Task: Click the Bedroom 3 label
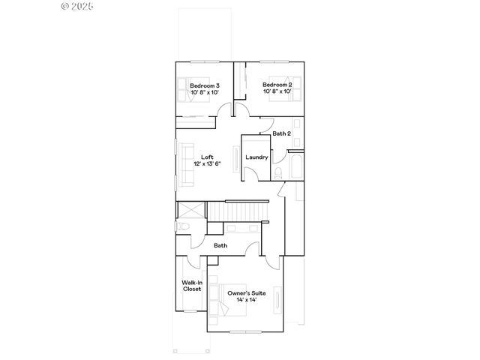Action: point(204,86)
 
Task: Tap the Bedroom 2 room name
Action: point(277,85)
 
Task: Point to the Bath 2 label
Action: point(281,133)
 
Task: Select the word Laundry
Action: point(256,157)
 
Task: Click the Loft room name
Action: point(207,157)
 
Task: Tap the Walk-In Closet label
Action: point(191,286)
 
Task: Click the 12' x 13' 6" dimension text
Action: point(207,163)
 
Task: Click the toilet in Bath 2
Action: point(278,173)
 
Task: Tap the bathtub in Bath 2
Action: point(295,167)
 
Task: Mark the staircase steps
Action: point(238,211)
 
